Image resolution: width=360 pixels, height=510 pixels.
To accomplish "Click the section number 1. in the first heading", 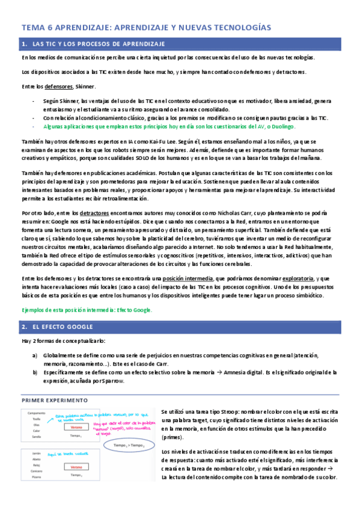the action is click(25, 45).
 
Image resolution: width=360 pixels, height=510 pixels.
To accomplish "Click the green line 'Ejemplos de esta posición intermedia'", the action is click(87, 310).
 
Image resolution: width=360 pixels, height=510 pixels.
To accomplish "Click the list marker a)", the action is click(35, 355).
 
